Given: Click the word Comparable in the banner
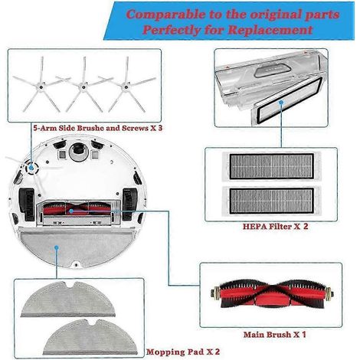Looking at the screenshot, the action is [166, 15].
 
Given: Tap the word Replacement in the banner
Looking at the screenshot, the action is [270, 30].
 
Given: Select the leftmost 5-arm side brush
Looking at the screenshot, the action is [41, 85].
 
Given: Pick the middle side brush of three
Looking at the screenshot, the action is [83, 85].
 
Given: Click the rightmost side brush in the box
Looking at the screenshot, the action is [126, 85].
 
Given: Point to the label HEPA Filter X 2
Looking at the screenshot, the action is [275, 226].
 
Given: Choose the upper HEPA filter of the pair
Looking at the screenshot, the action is [271, 166].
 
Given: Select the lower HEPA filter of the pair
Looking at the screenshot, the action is [271, 201].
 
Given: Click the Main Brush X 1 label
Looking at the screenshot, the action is [274, 335].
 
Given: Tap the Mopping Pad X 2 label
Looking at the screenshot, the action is [183, 352].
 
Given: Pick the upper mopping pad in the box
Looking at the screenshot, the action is [68, 299].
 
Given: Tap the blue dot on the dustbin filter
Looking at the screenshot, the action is [281, 103].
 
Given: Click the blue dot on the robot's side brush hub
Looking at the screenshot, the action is [31, 168].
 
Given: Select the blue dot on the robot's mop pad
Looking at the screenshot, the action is [57, 247].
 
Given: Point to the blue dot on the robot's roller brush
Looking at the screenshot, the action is [71, 211].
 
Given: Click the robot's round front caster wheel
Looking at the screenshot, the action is [79, 152].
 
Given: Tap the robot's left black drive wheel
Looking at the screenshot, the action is [27, 205].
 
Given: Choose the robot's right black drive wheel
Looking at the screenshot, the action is [129, 205].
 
